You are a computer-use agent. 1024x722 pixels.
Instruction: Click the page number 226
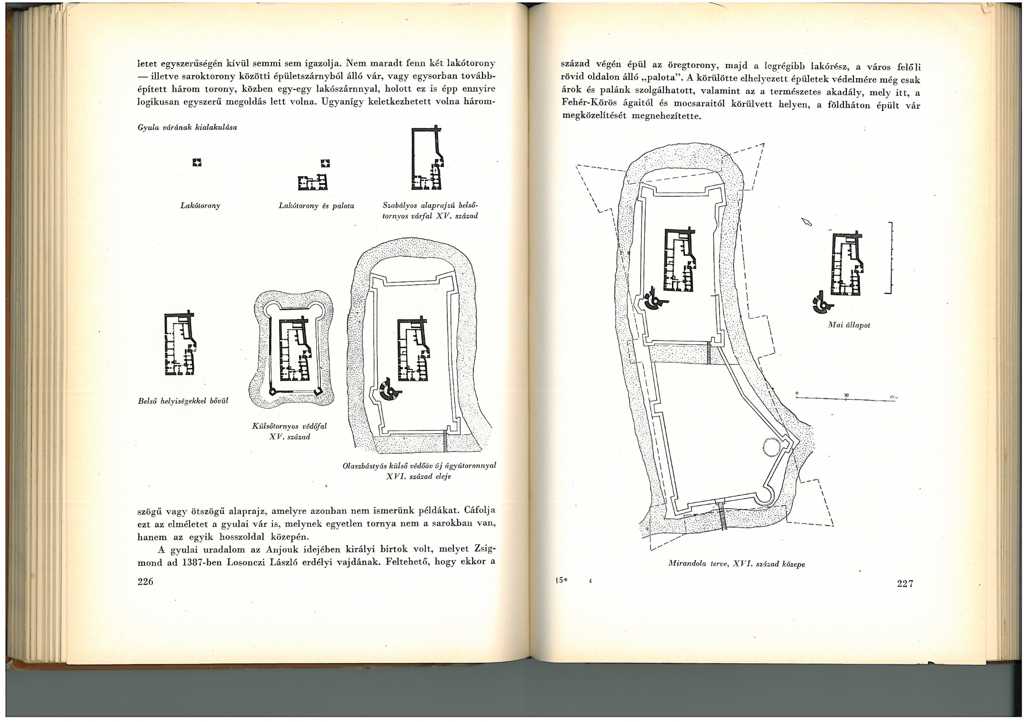pos(145,582)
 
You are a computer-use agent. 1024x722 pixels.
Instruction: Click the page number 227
pos(905,583)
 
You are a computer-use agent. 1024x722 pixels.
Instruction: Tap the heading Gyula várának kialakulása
pos(187,128)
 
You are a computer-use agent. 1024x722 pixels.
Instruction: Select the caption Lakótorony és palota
pos(316,206)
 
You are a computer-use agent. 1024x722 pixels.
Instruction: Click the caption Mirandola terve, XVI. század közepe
pos(736,564)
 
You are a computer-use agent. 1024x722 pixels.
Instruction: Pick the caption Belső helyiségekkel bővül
pos(183,401)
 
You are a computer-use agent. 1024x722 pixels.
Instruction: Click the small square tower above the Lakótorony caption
pos(197,163)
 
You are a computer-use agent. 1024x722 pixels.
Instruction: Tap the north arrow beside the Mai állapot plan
pos(806,221)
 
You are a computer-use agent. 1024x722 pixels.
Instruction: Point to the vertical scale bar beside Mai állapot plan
pos(889,258)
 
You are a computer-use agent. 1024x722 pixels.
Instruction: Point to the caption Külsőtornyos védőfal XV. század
pos(289,431)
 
